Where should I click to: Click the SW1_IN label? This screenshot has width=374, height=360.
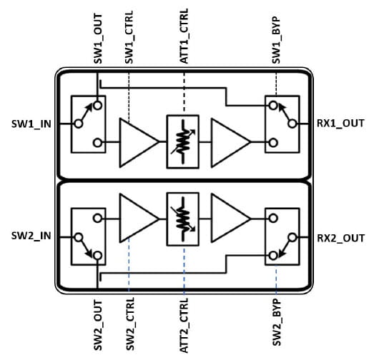click(31, 124)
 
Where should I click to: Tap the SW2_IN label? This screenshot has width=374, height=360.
click(31, 236)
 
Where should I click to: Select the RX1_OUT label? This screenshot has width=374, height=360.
click(340, 124)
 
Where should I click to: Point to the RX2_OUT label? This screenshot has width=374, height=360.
click(341, 238)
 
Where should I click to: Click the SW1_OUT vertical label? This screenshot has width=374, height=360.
click(98, 39)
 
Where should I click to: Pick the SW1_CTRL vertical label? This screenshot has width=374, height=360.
click(129, 37)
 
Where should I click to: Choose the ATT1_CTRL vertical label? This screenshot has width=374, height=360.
click(184, 36)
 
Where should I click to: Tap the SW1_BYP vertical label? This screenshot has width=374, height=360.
click(276, 40)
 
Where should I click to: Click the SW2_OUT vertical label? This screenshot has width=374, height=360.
click(98, 325)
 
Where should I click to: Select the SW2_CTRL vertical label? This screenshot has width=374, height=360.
click(130, 324)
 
